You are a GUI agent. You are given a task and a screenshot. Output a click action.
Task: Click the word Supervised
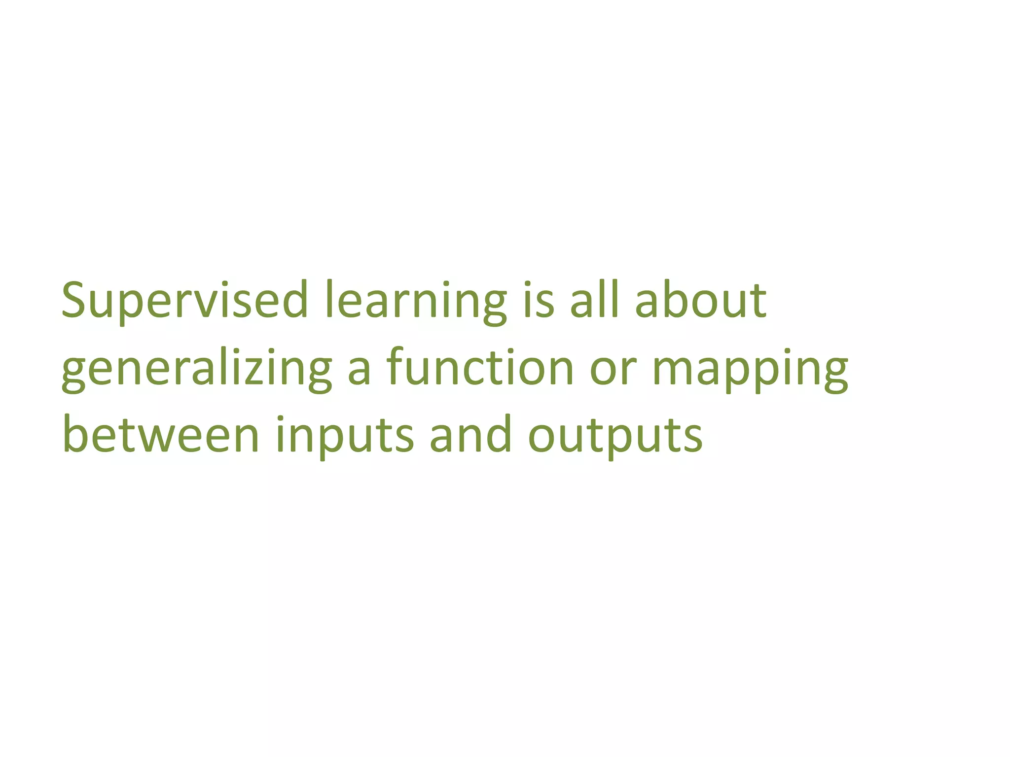click(x=184, y=301)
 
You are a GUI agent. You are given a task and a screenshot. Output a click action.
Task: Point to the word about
click(x=700, y=301)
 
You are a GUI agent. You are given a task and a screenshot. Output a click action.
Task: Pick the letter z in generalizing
click(x=250, y=372)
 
